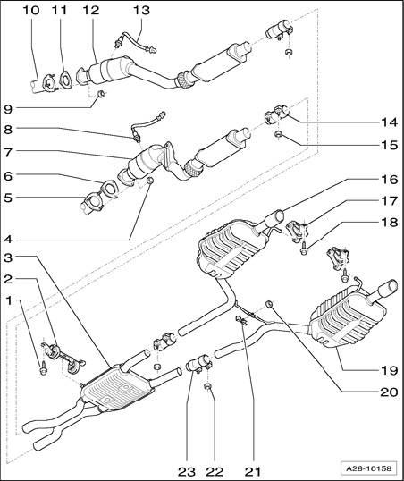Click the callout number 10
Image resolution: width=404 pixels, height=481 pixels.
pyautogui.click(x=31, y=10)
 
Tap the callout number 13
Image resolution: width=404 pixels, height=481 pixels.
pyautogui.click(x=141, y=10)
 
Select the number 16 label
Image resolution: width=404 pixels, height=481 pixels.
pyautogui.click(x=389, y=180)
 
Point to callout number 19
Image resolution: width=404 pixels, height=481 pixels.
pyautogui.click(x=389, y=370)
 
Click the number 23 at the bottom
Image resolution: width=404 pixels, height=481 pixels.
pyautogui.click(x=187, y=471)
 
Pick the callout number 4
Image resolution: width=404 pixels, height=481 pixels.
pyautogui.click(x=8, y=239)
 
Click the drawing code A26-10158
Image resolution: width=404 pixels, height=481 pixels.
pyautogui.click(x=369, y=468)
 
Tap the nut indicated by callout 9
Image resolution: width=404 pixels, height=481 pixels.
pyautogui.click(x=101, y=94)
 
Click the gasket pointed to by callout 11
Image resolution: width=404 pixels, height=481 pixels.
pyautogui.click(x=65, y=80)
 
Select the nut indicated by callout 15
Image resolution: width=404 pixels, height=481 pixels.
pyautogui.click(x=278, y=134)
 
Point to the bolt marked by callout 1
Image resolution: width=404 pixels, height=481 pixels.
pyautogui.click(x=43, y=368)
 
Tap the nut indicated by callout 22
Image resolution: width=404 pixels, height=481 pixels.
pyautogui.click(x=207, y=386)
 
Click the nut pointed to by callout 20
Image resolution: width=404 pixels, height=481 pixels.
pyautogui.click(x=269, y=304)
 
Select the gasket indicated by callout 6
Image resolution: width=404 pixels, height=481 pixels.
pyautogui.click(x=109, y=189)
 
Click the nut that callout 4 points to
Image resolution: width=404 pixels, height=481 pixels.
pyautogui.click(x=150, y=180)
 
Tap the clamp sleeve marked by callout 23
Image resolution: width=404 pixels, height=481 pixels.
pyautogui.click(x=198, y=362)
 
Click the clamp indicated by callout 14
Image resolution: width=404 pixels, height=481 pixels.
pyautogui.click(x=276, y=114)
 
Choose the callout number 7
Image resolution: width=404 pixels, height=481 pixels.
pyautogui.click(x=8, y=153)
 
